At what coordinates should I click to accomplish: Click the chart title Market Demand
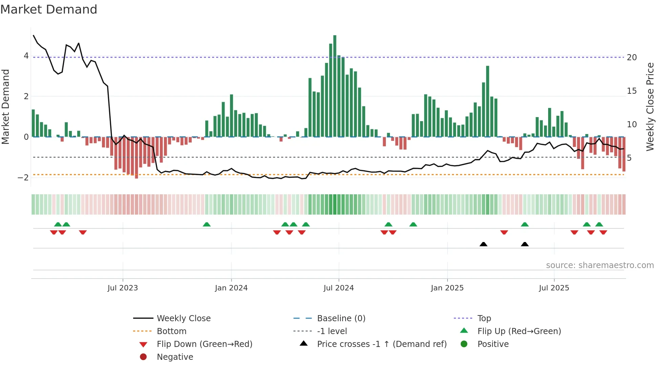click(49, 9)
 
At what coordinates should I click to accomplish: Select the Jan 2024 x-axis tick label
click(231, 288)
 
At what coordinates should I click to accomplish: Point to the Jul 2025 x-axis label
click(554, 288)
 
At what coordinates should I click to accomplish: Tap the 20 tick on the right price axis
click(632, 58)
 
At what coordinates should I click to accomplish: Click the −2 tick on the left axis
click(23, 178)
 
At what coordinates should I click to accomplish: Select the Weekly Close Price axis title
click(650, 107)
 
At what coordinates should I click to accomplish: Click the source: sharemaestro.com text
click(600, 265)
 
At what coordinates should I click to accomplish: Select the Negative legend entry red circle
click(143, 357)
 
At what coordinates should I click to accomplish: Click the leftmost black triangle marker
click(483, 244)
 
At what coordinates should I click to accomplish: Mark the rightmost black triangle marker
click(524, 244)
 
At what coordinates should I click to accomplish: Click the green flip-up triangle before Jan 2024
click(207, 224)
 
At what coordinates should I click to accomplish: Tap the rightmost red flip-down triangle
click(603, 232)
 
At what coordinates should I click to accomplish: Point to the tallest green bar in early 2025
click(487, 102)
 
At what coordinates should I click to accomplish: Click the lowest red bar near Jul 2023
click(136, 157)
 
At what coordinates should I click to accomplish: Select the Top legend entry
click(484, 319)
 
